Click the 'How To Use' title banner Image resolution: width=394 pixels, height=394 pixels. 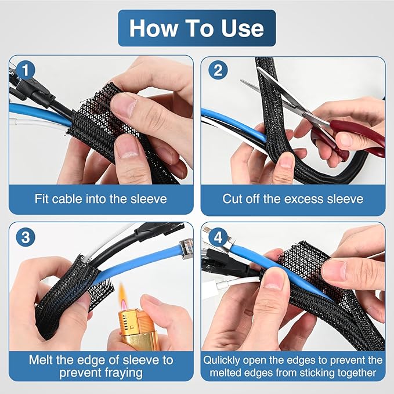[x=197, y=28]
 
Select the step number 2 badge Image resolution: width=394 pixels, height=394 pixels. [x=216, y=70]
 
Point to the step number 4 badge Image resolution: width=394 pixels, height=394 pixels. [x=216, y=237]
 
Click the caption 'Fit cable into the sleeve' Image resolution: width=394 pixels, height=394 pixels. [x=100, y=199]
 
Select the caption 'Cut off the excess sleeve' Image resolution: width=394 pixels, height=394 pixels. [x=293, y=199]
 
